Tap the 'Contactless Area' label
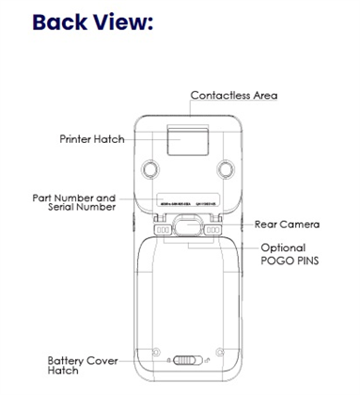(x=234, y=95)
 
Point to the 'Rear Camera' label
(x=287, y=225)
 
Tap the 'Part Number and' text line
(x=73, y=197)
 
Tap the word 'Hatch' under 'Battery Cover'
(x=65, y=371)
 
